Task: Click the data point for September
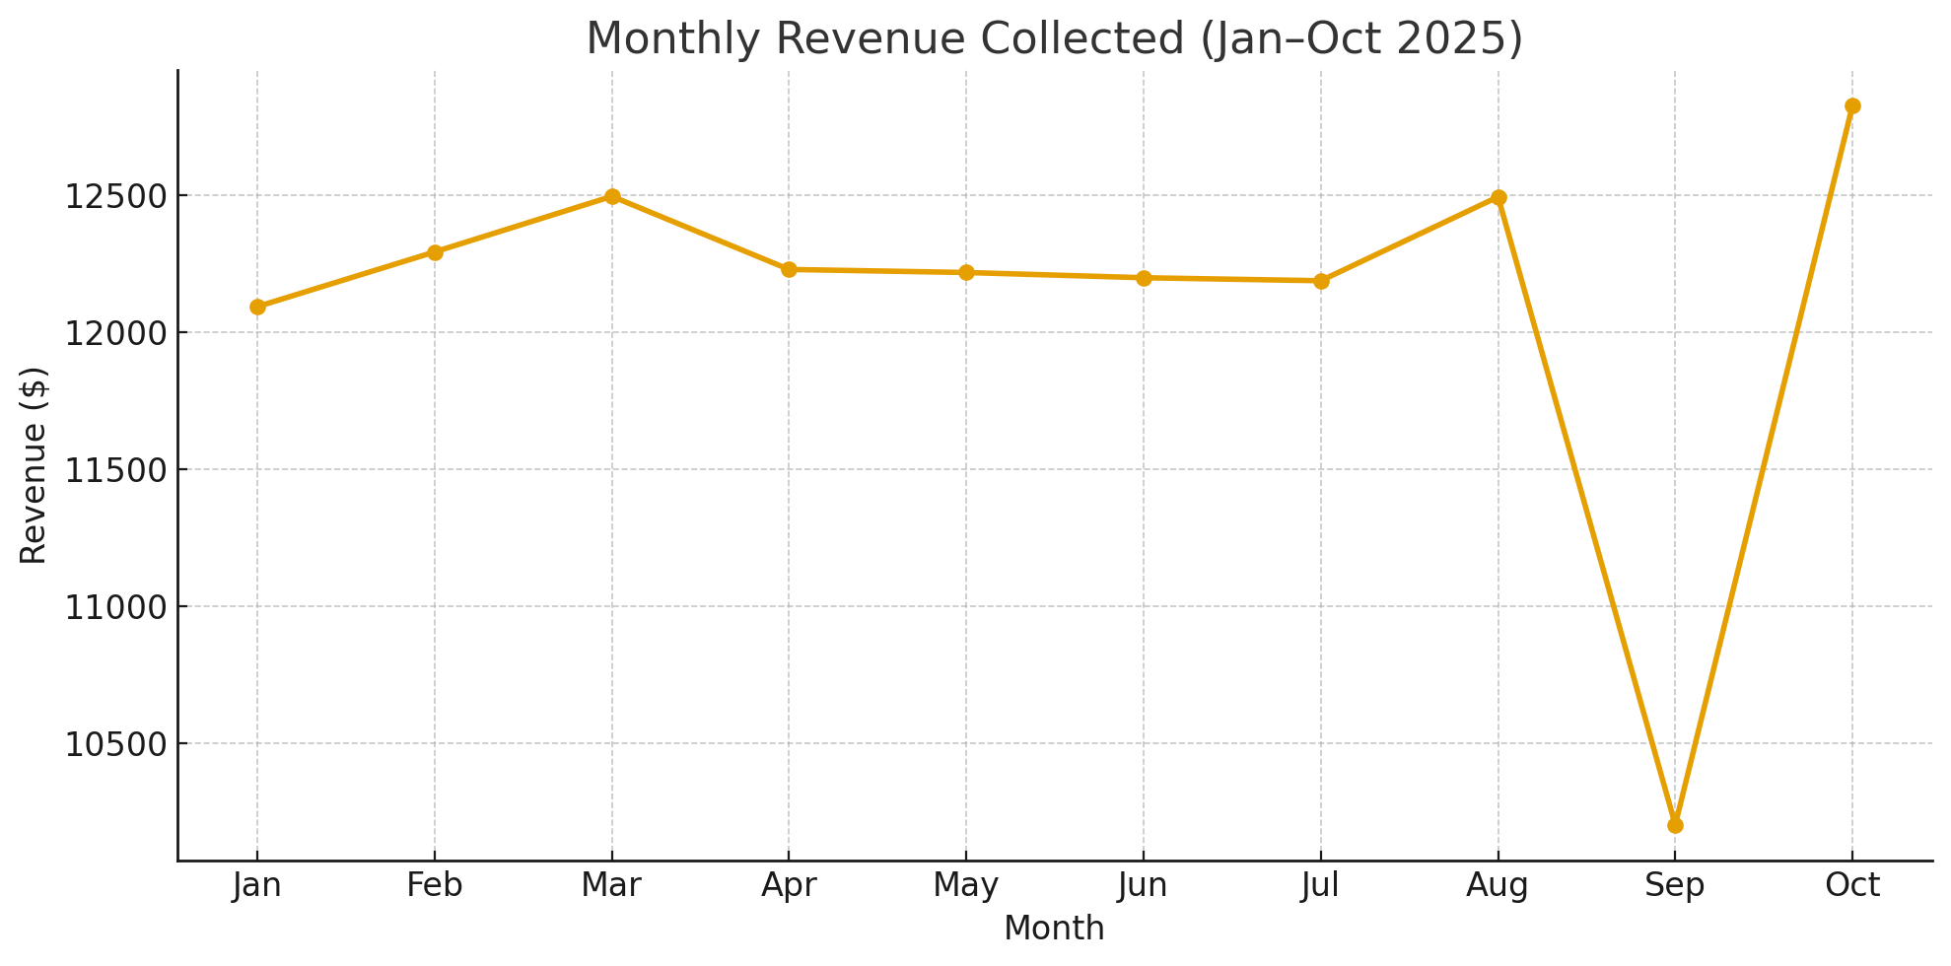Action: (1675, 825)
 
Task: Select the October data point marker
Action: (1852, 106)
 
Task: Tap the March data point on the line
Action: (612, 196)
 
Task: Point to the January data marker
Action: (257, 307)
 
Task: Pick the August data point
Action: (1498, 197)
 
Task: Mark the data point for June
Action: (1144, 278)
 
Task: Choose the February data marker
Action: (435, 252)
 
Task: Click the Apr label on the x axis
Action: (789, 886)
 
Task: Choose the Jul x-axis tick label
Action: (1320, 886)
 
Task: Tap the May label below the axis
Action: (966, 886)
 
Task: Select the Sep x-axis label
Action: (1675, 886)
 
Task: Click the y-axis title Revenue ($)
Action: (34, 465)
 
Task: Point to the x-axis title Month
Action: (1054, 929)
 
